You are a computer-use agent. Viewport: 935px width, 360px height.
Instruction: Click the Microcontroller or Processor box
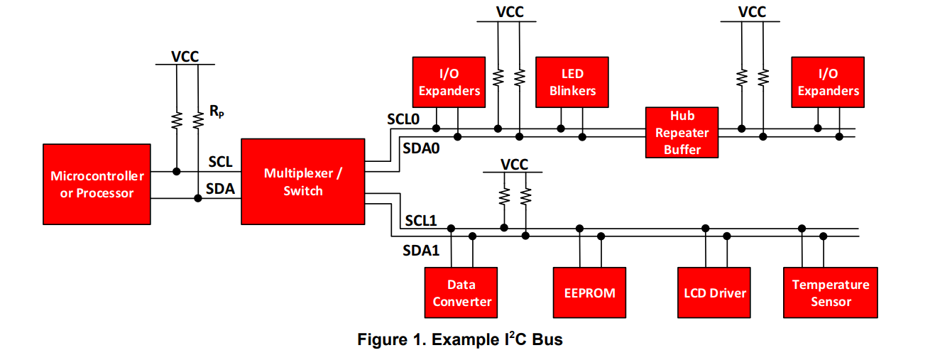pos(97,184)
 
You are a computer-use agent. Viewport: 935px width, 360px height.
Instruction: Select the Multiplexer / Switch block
pos(303,182)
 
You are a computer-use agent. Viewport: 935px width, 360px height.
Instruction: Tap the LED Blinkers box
pos(572,82)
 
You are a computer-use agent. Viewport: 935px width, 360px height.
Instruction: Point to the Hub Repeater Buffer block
pos(682,132)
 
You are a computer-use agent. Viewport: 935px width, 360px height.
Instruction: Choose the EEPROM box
pos(589,293)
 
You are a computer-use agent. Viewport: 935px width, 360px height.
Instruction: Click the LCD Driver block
pos(713,293)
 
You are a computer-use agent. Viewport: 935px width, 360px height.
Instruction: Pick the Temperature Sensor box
pos(830,293)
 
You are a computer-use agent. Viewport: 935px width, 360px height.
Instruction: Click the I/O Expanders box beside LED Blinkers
pos(449,82)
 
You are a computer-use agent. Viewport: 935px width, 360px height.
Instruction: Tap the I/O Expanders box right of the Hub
pos(828,82)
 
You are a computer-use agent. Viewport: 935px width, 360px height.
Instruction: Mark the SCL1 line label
pos(422,221)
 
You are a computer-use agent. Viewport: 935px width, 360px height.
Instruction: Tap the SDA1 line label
pos(421,250)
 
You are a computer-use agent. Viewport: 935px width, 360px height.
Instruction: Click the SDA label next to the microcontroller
pos(220,189)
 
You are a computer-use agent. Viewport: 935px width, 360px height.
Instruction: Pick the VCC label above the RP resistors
pos(186,56)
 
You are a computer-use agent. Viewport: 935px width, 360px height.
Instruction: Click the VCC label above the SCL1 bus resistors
pos(514,164)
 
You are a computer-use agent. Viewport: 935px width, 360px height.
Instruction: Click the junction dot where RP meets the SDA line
pos(197,198)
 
